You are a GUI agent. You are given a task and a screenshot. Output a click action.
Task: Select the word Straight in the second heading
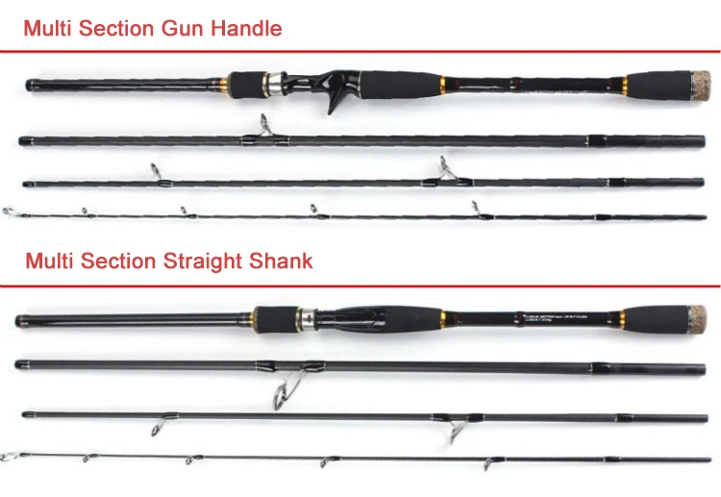[x=210, y=261]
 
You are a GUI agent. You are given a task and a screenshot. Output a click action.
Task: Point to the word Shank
[x=281, y=261]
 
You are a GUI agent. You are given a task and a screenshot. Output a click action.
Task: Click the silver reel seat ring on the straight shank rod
[x=307, y=316]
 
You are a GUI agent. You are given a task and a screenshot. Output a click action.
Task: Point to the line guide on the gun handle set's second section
[x=261, y=128]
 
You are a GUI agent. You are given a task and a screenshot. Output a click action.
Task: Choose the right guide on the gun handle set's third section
[x=445, y=171]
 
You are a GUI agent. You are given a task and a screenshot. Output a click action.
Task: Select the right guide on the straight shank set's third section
[x=453, y=429]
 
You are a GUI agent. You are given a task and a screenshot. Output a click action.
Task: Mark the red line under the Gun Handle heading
[x=360, y=50]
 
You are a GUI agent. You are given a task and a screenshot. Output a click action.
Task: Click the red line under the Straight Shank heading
[x=360, y=284]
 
